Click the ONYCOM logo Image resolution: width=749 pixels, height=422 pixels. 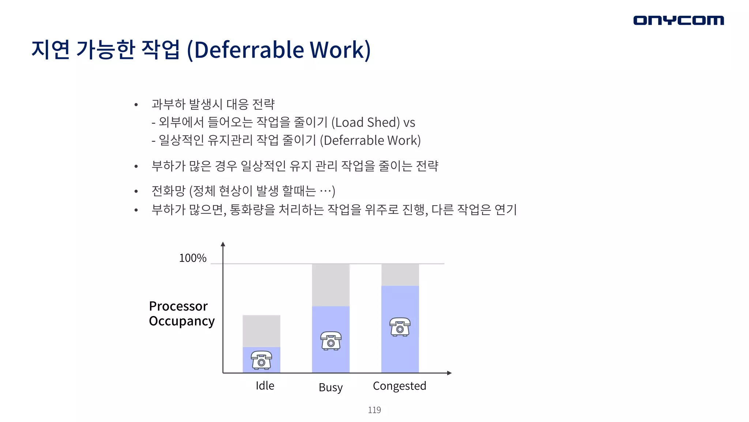(678, 20)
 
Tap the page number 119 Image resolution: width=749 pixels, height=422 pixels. (374, 410)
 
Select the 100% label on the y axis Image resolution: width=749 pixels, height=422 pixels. (193, 258)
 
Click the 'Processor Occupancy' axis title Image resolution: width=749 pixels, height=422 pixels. (181, 314)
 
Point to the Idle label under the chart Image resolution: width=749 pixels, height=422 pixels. (265, 386)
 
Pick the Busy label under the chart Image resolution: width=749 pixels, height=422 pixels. (331, 387)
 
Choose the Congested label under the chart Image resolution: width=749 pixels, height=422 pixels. (399, 386)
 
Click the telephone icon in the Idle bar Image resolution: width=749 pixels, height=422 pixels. (261, 360)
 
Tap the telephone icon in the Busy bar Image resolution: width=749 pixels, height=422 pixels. (331, 341)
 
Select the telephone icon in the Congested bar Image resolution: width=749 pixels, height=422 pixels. (400, 327)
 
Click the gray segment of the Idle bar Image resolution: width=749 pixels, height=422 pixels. (261, 331)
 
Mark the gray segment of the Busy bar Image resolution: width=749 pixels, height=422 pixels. (331, 285)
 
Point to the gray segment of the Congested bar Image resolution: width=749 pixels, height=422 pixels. (400, 275)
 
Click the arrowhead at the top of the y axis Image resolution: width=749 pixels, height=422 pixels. (223, 244)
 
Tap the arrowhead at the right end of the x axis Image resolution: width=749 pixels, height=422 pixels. (449, 373)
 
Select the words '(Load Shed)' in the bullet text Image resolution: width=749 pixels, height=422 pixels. (366, 122)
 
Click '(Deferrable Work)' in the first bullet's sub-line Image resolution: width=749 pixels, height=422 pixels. (370, 140)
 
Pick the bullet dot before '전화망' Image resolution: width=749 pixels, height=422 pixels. (136, 191)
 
